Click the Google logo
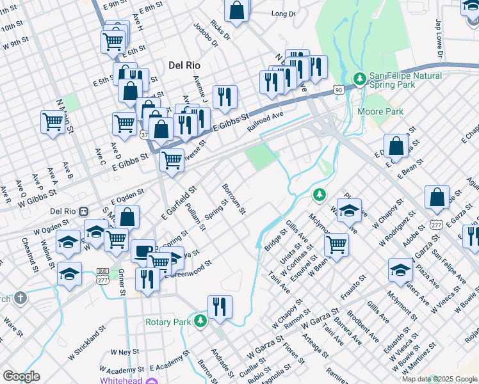point(21,376)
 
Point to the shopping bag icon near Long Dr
point(237,11)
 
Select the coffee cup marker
point(143,251)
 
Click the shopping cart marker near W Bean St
point(336,244)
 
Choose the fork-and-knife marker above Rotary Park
point(220,307)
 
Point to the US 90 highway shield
point(338,92)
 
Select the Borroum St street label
point(234,200)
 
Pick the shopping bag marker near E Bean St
point(396,146)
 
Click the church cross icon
point(20,298)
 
